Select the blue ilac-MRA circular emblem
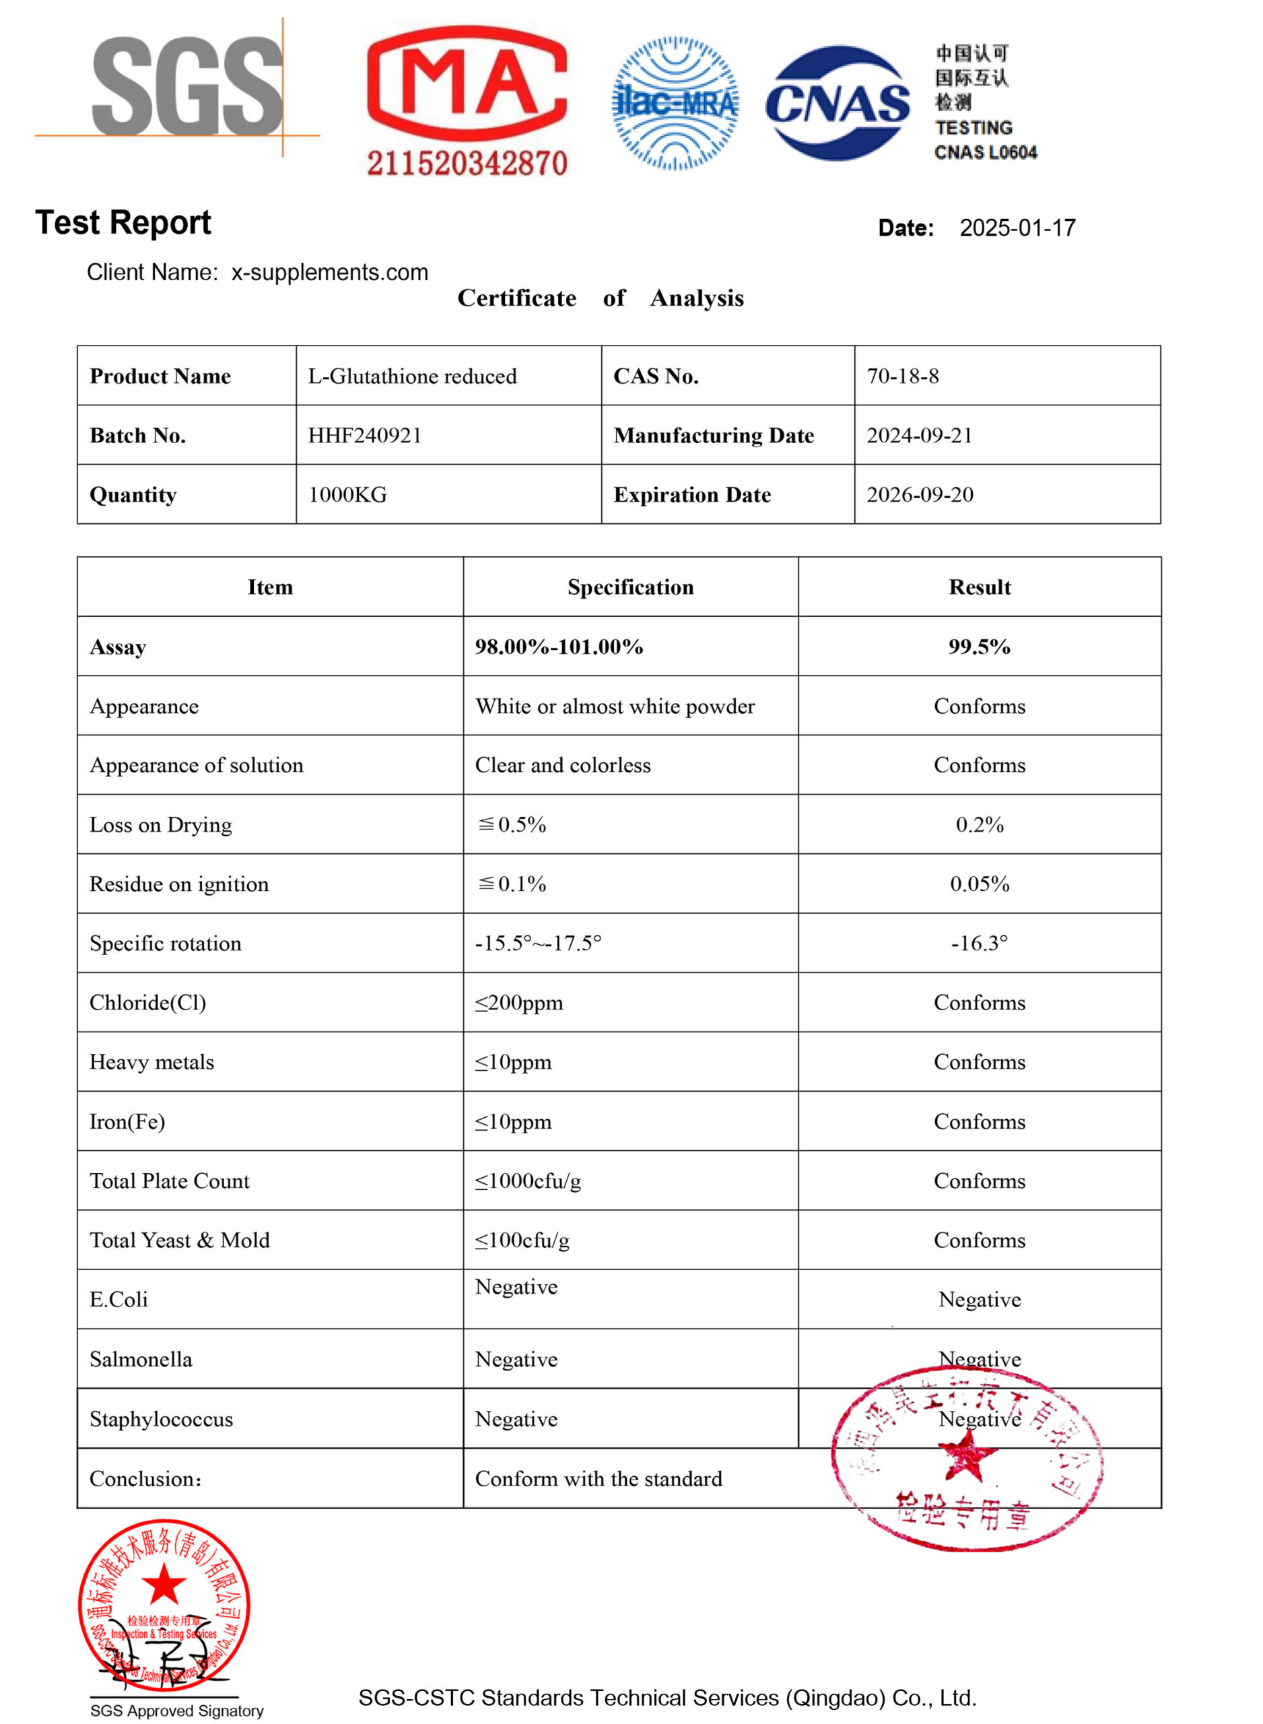675,103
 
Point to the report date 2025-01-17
1017,228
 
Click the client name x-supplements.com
329,272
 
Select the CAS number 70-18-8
902,376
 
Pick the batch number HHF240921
365,435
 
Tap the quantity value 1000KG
347,495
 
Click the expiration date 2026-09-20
920,495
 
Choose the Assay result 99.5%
980,646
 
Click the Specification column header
630,587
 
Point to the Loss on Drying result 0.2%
980,824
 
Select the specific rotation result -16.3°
980,943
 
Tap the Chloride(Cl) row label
147,1002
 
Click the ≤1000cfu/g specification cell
528,1181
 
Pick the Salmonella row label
141,1358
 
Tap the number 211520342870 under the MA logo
467,163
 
